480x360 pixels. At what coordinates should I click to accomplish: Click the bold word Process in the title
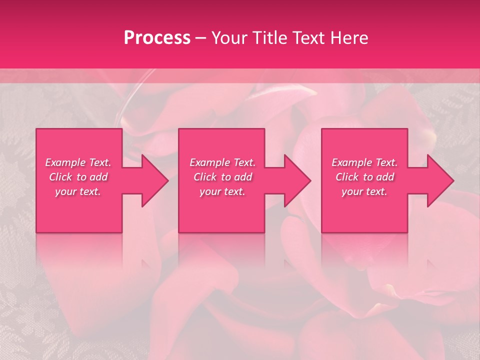point(157,37)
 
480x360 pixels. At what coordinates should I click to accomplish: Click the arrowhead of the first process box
point(154,180)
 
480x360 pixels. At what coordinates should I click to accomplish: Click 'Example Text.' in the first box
point(78,162)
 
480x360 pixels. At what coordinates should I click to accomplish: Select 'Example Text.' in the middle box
point(222,162)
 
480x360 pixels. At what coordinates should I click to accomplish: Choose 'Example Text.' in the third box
point(364,162)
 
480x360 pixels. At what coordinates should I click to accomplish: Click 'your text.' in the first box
point(78,191)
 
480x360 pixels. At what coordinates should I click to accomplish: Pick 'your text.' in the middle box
point(222,191)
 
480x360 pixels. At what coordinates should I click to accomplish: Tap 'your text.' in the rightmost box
point(364,191)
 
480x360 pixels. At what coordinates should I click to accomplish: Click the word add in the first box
point(99,177)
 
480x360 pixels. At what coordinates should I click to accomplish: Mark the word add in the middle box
point(243,177)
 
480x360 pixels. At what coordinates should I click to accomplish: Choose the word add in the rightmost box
point(385,177)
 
